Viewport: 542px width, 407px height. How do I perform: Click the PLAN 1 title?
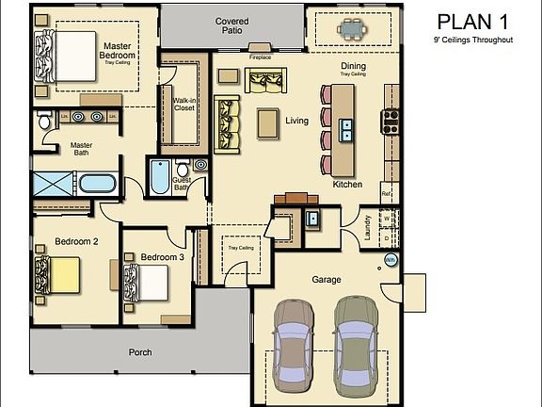pyautogui.click(x=472, y=22)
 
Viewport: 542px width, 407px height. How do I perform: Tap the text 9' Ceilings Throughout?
pyautogui.click(x=472, y=41)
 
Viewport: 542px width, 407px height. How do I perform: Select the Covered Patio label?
pyautogui.click(x=231, y=25)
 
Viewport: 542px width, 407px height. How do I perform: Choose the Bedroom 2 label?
pyautogui.click(x=76, y=242)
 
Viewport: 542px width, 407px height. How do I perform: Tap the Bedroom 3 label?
pyautogui.click(x=163, y=257)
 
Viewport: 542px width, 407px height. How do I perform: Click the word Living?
pyautogui.click(x=297, y=121)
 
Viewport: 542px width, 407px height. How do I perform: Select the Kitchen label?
pyautogui.click(x=347, y=185)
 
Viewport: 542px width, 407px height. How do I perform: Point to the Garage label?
pyautogui.click(x=327, y=280)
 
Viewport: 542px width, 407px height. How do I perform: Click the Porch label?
pyautogui.click(x=140, y=352)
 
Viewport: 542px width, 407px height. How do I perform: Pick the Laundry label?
pyautogui.click(x=368, y=229)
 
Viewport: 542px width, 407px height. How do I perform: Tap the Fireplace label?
pyautogui.click(x=260, y=57)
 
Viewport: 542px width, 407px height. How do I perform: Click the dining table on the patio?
pyautogui.click(x=353, y=29)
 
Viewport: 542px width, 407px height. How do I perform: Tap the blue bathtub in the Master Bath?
pyautogui.click(x=97, y=184)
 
